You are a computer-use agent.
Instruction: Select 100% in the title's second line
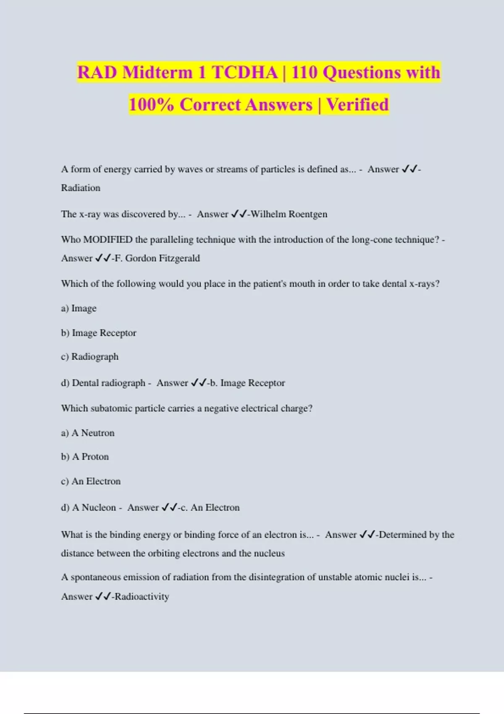[151, 105]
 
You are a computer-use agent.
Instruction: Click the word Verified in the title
[357, 105]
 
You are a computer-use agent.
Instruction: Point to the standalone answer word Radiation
[81, 188]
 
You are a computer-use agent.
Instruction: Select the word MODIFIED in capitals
[108, 240]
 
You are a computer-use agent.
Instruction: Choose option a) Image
[79, 308]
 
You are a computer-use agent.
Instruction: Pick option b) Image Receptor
[99, 333]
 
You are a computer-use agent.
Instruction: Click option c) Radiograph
[90, 357]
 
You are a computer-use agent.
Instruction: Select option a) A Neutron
[88, 433]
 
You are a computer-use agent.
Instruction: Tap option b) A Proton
[85, 457]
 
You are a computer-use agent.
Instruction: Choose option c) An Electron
[91, 481]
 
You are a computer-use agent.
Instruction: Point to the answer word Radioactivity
[142, 596]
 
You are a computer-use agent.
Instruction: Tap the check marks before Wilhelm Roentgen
[239, 214]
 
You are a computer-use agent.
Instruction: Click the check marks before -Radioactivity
[103, 596]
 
